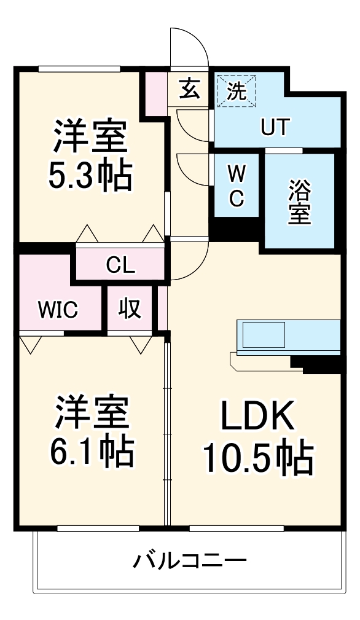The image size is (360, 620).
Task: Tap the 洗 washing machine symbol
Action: click(237, 91)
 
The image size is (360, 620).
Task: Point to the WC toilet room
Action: click(237, 185)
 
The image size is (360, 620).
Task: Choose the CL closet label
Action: click(120, 265)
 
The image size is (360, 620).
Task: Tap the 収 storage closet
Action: click(130, 310)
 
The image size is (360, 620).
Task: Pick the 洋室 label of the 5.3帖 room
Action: click(90, 137)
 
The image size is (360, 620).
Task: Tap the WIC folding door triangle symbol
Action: click(28, 344)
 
